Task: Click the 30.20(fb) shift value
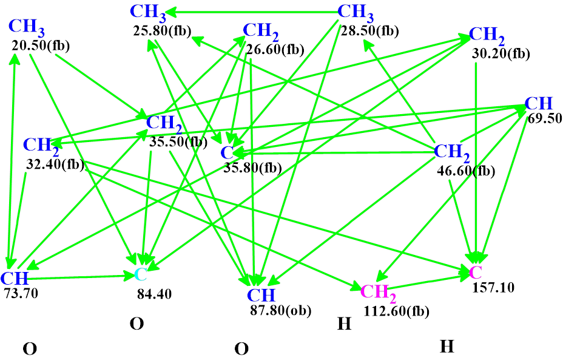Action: (501, 53)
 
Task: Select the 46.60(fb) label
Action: (466, 172)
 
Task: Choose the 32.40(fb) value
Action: (55, 163)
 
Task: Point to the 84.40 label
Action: (154, 294)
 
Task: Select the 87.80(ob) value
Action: (280, 310)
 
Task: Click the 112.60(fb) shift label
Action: (396, 311)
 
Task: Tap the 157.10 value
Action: (493, 287)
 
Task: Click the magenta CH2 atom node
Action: (378, 292)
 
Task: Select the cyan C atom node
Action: (140, 274)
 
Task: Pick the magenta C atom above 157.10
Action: (476, 271)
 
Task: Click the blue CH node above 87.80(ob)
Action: (261, 296)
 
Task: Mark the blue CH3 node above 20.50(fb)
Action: (26, 27)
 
